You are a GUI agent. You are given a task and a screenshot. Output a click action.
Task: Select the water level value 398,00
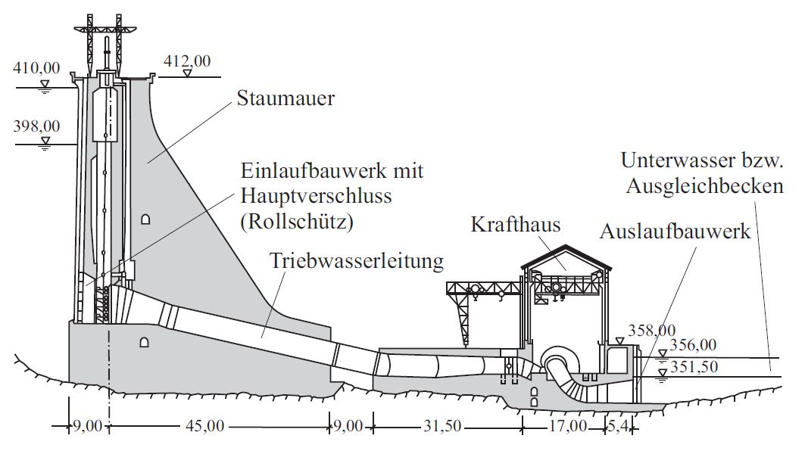[x=36, y=126]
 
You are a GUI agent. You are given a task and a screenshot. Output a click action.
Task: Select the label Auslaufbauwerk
[x=675, y=231]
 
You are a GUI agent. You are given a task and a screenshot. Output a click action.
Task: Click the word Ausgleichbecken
[x=704, y=186]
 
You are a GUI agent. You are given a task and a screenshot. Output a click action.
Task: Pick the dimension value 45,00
[x=205, y=426]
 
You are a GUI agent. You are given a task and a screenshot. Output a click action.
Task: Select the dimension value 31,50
[x=442, y=426]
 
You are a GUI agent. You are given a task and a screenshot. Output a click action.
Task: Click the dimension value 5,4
[x=619, y=426]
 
